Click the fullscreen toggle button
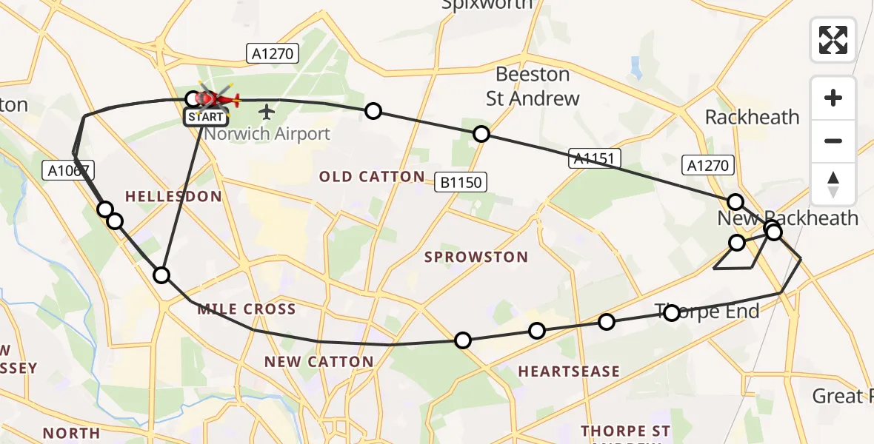[x=833, y=39]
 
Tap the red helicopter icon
[x=218, y=98]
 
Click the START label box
[x=205, y=117]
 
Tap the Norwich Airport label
[x=267, y=134]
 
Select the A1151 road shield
[x=595, y=158]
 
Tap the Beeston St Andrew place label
[x=533, y=86]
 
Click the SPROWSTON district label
[x=476, y=258]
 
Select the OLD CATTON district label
[x=372, y=177]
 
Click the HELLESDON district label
[x=173, y=196]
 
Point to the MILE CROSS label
[x=247, y=309]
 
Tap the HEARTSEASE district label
[x=569, y=371]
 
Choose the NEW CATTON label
[x=319, y=362]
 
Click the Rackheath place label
[x=752, y=117]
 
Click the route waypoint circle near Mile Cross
[x=161, y=276]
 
